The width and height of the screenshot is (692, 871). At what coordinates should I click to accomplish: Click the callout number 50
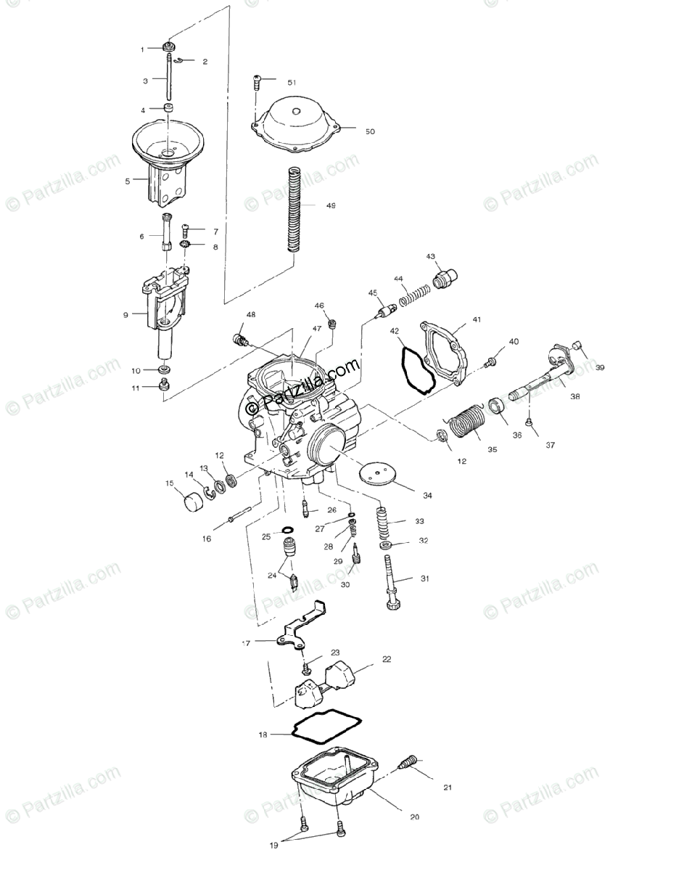370,132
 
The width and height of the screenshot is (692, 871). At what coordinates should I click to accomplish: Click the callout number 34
427,496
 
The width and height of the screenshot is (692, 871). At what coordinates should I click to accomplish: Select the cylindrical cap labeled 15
193,501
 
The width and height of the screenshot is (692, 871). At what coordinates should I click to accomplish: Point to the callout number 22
387,659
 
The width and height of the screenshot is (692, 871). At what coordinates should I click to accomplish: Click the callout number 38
574,397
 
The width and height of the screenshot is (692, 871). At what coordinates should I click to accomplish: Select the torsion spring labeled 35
466,428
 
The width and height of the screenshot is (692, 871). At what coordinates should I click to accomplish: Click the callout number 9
125,315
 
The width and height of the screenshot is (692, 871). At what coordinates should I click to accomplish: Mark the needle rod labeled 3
169,78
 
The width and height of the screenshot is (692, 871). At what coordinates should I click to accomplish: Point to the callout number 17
246,643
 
